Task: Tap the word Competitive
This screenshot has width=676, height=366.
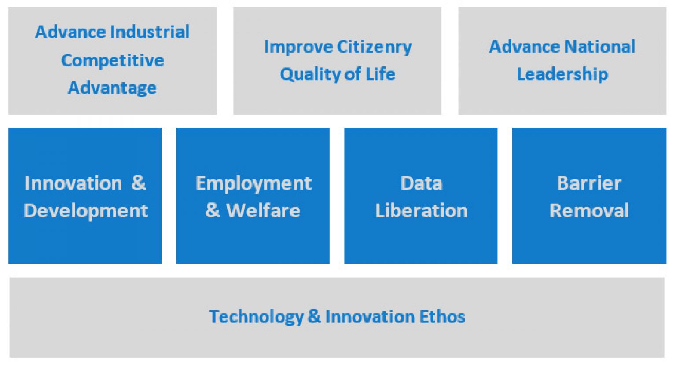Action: pos(113,60)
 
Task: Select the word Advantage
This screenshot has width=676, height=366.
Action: pos(112,88)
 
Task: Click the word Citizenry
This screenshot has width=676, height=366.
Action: pos(375,47)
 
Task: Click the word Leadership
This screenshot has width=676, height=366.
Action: pos(562,74)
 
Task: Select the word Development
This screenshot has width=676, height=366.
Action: pos(86,211)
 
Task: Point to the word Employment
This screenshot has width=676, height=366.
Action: pos(253,183)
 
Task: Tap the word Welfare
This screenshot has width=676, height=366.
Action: pos(263,211)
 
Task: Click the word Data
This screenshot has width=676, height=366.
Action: pos(421,183)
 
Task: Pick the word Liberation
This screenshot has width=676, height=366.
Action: pos(421,211)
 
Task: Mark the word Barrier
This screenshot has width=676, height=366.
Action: pos(589,183)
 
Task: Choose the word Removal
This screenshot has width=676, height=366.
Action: pos(589,211)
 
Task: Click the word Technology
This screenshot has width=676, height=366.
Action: pos(256,317)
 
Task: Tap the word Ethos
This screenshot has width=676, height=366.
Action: pos(442,317)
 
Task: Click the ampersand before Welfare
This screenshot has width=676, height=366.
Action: pos(213,211)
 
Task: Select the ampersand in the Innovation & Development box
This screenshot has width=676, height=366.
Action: pos(139,183)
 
